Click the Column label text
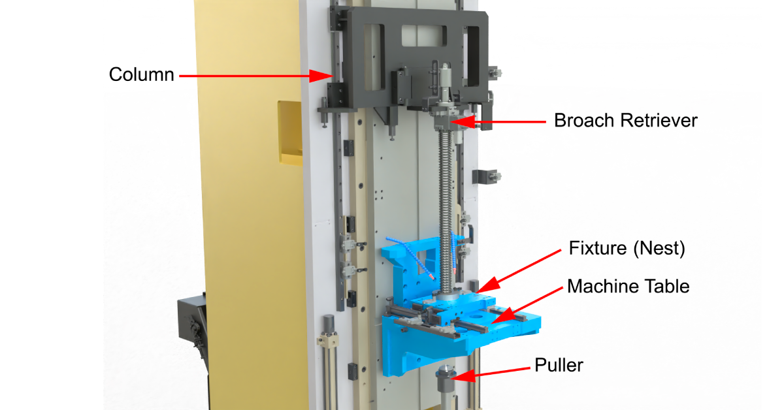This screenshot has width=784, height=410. [x=141, y=74]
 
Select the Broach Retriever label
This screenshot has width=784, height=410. [x=625, y=121]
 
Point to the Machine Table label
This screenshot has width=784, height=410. [x=628, y=286]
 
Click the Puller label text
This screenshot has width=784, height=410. [x=559, y=365]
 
